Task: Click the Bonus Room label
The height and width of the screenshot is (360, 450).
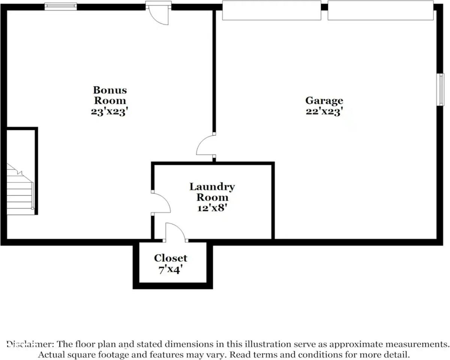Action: pos(110,95)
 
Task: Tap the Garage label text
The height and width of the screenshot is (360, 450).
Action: pos(324,101)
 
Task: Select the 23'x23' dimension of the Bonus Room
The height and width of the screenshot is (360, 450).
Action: pos(109,112)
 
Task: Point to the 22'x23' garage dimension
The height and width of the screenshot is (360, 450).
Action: pos(324,111)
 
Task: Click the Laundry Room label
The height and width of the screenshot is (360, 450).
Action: pos(212,192)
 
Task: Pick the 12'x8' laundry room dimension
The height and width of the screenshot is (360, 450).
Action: pos(212,208)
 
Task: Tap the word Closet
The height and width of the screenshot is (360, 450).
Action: pos(170,258)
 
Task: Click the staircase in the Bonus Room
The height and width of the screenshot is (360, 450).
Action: pos(20,189)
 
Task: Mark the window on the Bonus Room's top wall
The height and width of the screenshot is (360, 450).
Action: pos(61,6)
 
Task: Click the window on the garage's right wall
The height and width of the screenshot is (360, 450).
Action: pos(440,90)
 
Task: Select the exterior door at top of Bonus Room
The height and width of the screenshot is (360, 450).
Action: pos(158,13)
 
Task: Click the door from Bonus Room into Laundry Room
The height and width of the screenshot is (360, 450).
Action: pos(161,203)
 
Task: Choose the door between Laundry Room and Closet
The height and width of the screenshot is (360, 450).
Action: pos(175,232)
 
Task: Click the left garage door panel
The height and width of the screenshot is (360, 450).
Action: pos(272,10)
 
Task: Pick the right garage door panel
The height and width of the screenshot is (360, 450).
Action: pos(381,10)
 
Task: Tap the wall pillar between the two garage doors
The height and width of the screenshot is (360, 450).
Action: pos(324,7)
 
